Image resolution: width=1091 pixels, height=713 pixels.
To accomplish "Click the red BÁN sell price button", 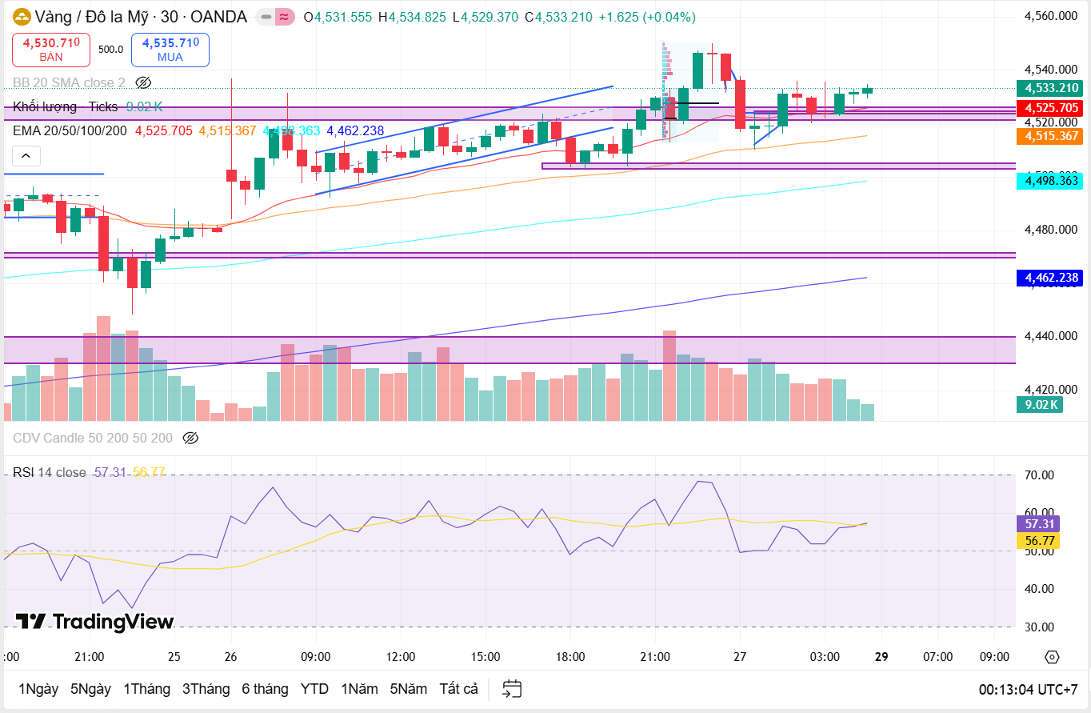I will (x=51, y=49).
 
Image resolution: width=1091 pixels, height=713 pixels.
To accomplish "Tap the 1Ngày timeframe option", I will (x=38, y=689).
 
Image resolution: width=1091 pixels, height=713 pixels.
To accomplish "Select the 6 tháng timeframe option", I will (x=265, y=689).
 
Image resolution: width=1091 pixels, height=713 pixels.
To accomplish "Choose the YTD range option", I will (x=314, y=689).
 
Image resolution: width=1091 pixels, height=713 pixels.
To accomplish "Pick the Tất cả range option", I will (x=458, y=689).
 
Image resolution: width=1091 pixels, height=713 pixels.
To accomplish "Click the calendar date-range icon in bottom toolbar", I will (x=512, y=689).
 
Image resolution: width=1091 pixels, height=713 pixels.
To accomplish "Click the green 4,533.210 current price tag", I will (x=1049, y=88).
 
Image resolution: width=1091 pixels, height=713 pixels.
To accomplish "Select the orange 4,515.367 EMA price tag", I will (x=1049, y=136).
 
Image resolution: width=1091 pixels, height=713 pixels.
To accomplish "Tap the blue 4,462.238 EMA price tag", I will (x=1049, y=278).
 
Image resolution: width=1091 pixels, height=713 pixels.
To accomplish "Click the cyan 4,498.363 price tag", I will (x=1049, y=181).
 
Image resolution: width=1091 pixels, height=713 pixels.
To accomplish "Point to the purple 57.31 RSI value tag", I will (x=1037, y=523).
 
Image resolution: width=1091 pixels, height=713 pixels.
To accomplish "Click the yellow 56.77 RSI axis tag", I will (x=1037, y=540).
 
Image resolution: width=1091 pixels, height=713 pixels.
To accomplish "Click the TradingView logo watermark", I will (x=94, y=622).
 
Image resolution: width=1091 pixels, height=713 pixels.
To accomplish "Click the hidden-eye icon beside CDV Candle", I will (x=190, y=438).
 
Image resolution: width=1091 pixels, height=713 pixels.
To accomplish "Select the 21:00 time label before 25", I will (x=89, y=657).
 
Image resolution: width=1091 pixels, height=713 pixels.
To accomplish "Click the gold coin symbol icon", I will (x=22, y=17).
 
